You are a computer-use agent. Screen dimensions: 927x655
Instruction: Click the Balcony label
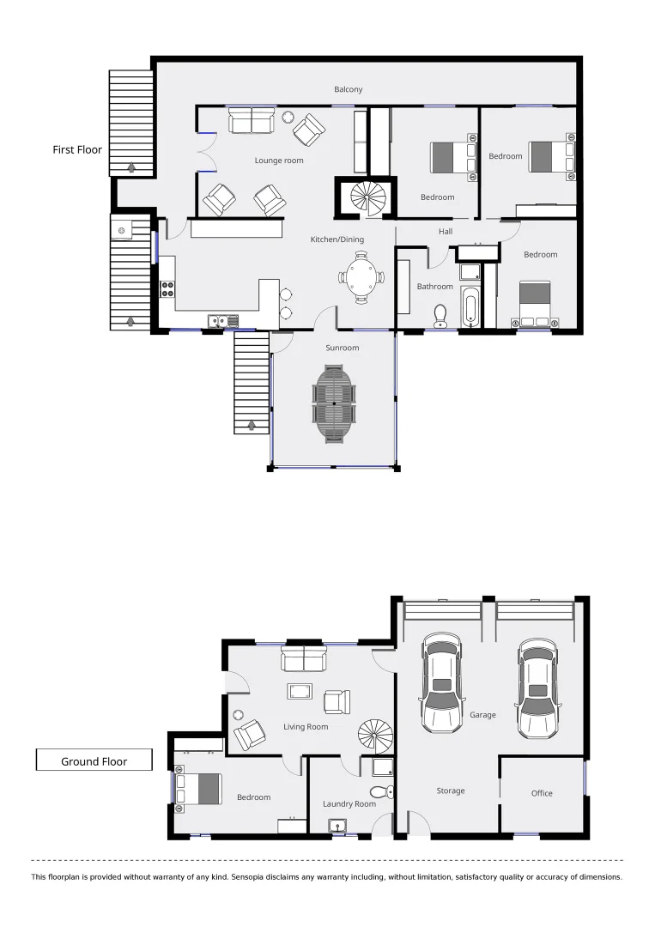[349, 89]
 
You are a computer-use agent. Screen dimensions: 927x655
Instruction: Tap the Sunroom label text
[342, 348]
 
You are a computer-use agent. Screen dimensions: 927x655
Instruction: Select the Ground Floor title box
[94, 760]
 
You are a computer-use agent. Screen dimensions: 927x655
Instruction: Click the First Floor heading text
[77, 149]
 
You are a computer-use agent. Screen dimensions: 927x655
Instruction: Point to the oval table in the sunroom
[334, 403]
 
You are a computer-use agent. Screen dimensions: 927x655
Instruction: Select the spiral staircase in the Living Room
[375, 735]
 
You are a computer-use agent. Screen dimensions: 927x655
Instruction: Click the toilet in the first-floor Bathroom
[440, 315]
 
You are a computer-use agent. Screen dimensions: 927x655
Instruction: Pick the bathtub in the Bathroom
[470, 306]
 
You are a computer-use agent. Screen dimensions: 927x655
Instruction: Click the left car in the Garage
[441, 683]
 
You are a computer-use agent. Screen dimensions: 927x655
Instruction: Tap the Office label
[542, 793]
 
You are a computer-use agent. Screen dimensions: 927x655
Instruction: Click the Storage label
[450, 791]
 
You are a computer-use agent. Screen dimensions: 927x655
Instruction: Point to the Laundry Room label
[349, 803]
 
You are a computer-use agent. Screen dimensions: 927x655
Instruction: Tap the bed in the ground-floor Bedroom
[199, 789]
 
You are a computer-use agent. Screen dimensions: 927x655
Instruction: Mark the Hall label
[445, 231]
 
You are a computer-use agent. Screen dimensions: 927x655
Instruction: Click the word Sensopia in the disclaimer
[254, 877]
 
